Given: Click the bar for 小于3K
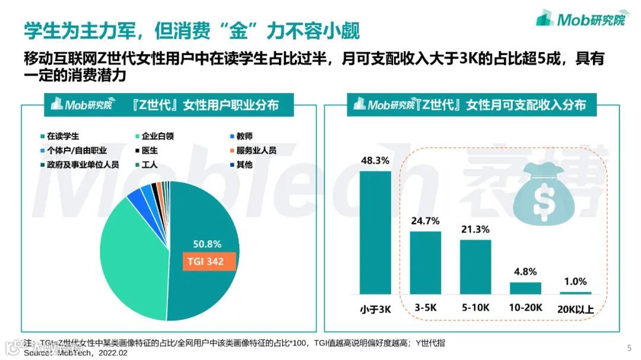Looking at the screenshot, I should coord(375,232).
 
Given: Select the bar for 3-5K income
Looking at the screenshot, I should coord(425,262).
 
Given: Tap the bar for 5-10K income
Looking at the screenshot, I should coord(475,267).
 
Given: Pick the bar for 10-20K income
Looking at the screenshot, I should coord(525,288).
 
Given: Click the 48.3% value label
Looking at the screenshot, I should coord(375,160).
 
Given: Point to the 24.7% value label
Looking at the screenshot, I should coord(425,221).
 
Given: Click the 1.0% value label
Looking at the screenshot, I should coord(575,282).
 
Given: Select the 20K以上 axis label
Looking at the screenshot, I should coord(575,309).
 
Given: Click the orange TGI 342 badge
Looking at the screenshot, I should coord(206,261).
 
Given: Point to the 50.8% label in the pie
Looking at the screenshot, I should coord(207,244).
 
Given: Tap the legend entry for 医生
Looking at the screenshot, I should coord(155,151).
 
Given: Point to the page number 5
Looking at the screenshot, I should coord(629,348).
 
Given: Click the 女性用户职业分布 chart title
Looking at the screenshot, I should coord(205,105).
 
